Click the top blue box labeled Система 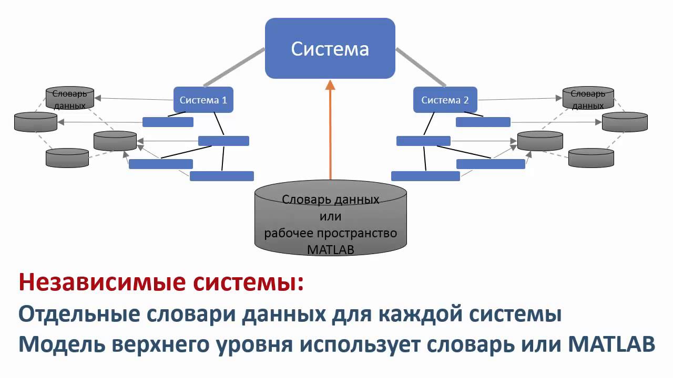(330, 49)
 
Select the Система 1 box (203, 100)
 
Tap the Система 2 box (444, 100)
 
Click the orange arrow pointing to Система (330, 131)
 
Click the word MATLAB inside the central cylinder (330, 249)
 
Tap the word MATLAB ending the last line (612, 345)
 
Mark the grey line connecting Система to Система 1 (234, 67)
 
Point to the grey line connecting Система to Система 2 (421, 67)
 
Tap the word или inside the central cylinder (330, 216)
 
